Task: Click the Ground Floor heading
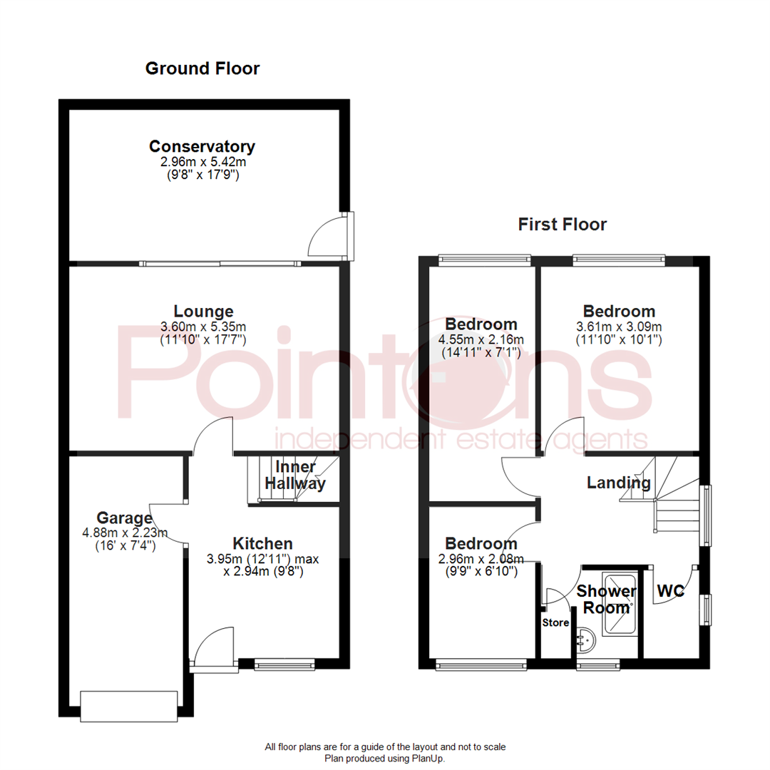202,68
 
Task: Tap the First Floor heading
562,225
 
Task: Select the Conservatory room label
202,147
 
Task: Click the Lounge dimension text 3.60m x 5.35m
203,327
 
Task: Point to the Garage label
125,518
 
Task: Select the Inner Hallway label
295,476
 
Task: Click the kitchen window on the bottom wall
284,665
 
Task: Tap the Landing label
618,483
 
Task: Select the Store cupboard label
555,622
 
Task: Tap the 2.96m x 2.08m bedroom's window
481,665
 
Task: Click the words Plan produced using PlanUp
385,759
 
